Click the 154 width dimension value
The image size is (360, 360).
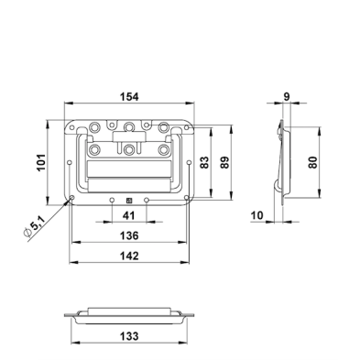coord(129,97)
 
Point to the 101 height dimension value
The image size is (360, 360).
coord(41,162)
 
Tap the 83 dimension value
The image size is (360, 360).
coord(204,162)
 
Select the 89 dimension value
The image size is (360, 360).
coord(224,162)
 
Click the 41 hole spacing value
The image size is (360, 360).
coord(128,215)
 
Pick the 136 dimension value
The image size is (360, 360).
coord(129,235)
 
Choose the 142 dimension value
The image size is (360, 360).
coord(129,256)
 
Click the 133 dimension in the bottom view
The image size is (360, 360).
coord(129,336)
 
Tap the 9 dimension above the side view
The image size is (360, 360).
coord(287,97)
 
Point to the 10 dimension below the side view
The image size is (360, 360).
coord(256,215)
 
